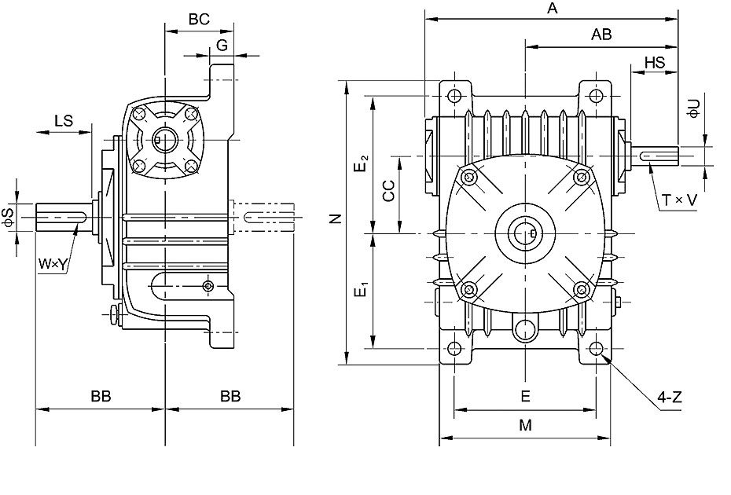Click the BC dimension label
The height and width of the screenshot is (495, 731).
click(199, 20)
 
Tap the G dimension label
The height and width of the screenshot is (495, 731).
click(222, 46)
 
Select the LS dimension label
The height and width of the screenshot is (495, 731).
click(64, 121)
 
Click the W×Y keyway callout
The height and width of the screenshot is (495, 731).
click(53, 265)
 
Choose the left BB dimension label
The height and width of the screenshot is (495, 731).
click(101, 396)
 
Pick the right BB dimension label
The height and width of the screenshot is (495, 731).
click(230, 396)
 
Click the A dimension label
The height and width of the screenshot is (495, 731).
click(552, 9)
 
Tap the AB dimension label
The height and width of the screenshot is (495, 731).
click(601, 35)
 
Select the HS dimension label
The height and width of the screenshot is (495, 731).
click(655, 62)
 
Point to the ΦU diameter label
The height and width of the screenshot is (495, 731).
click(695, 108)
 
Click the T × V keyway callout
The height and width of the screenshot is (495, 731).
click(680, 200)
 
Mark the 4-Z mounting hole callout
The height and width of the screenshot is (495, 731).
click(670, 398)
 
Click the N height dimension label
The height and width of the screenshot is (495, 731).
click(336, 218)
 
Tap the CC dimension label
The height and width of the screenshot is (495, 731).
click(388, 191)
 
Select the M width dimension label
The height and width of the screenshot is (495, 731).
click(525, 425)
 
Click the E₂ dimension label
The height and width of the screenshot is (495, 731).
click(362, 163)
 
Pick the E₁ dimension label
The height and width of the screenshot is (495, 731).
click(362, 289)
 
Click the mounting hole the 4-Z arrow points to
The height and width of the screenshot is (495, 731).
click(596, 348)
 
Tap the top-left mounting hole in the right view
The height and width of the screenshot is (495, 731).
click(454, 96)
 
